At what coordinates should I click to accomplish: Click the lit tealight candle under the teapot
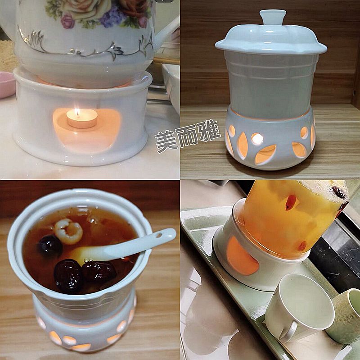tap(82, 118)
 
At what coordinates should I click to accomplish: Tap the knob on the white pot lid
tap(271, 17)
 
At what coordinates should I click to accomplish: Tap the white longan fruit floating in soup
tap(68, 231)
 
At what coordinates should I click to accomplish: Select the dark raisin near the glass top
tap(339, 192)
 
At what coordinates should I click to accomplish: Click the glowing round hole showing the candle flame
tap(256, 139)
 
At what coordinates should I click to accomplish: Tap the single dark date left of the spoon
tap(50, 246)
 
